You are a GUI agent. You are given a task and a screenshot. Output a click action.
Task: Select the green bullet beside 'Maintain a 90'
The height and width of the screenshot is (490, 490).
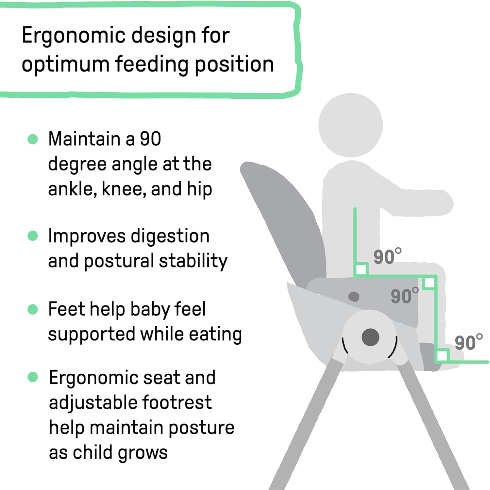point(33,139)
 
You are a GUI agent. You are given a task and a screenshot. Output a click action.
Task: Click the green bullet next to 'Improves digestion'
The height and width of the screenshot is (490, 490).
point(33,236)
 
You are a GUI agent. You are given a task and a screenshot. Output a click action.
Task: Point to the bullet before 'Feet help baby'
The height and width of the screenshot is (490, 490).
point(33,309)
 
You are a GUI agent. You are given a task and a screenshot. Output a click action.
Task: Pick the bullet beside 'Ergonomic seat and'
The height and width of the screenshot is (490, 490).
point(33,377)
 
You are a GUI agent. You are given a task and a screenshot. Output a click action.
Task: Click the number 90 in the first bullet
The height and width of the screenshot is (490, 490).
point(150,139)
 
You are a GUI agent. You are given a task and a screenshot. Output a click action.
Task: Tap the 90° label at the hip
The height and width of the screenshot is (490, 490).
point(387,256)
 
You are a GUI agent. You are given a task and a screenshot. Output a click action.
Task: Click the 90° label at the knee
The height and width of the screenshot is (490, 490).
point(404,296)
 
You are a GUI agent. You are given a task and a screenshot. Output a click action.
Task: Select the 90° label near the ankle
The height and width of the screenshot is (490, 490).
point(468,342)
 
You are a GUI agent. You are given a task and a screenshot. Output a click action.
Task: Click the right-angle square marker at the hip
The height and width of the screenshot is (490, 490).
point(361,270)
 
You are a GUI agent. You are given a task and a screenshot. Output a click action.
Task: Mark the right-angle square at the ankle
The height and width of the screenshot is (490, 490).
point(442,355)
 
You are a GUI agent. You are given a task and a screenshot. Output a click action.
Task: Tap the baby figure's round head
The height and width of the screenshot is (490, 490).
point(350,125)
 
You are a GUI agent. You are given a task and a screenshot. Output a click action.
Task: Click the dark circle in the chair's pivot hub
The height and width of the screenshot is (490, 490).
point(370,337)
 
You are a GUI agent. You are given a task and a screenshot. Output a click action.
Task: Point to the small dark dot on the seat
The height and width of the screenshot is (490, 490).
point(354,297)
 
